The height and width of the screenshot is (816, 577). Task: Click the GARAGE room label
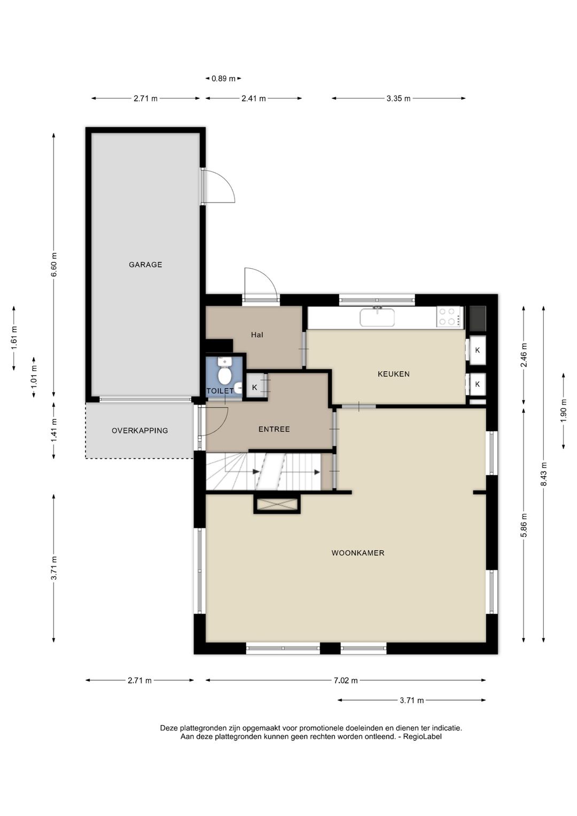[145, 265]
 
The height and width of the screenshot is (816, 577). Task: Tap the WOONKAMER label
[358, 553]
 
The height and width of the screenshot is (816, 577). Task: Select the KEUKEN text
[393, 374]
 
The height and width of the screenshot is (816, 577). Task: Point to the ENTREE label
[274, 429]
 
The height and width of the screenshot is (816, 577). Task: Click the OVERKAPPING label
[139, 430]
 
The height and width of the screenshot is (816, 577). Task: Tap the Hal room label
[257, 335]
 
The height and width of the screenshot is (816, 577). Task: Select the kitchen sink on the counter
[377, 317]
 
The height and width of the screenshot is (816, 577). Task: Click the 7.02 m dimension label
[346, 680]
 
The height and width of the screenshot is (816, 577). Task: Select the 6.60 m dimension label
[54, 265]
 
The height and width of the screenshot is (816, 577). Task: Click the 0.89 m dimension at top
[223, 79]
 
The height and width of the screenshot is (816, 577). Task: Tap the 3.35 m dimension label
[399, 98]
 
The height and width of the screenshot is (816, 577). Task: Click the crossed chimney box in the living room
[277, 504]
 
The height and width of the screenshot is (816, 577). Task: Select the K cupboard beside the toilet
[255, 387]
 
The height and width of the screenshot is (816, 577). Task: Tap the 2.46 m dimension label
[524, 355]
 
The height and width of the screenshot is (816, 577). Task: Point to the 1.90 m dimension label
[564, 411]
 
